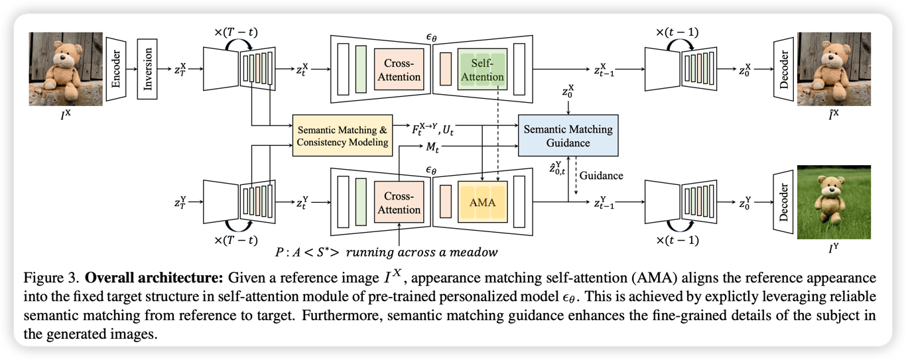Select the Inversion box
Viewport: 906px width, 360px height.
(150, 69)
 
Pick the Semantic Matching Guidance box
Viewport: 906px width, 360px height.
(568, 137)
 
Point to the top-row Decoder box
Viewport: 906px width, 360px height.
(785, 69)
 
